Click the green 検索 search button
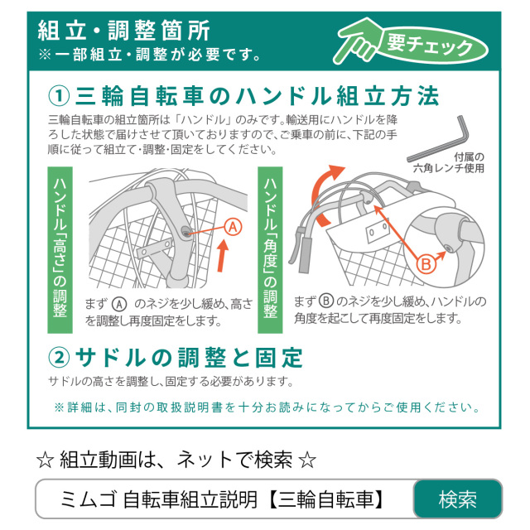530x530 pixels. coord(457,499)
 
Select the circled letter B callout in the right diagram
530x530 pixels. coord(425,265)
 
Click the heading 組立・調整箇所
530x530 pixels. coord(124,31)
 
